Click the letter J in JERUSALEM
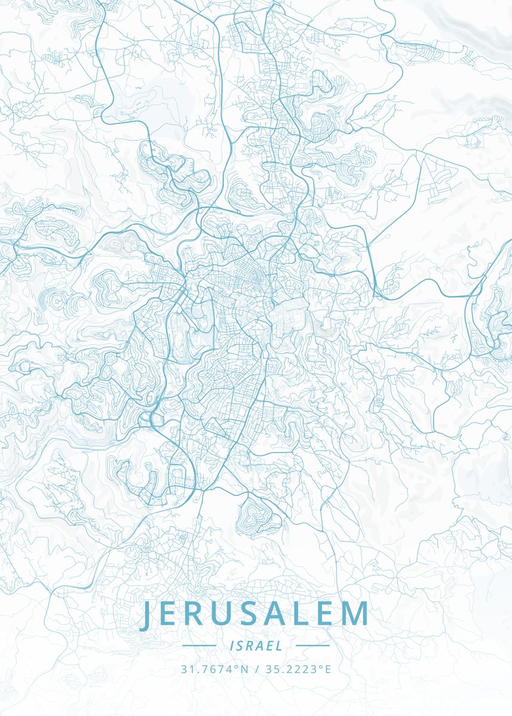tap(147, 616)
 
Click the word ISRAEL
tap(256, 646)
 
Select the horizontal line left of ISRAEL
tap(199, 646)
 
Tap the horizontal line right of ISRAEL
tap(312, 646)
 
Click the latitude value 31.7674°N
tap(214, 669)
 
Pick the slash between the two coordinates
tap(256, 669)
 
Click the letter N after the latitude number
tap(243, 669)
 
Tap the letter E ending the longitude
tap(327, 669)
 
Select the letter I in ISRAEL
tap(231, 646)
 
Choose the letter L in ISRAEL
tap(280, 646)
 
